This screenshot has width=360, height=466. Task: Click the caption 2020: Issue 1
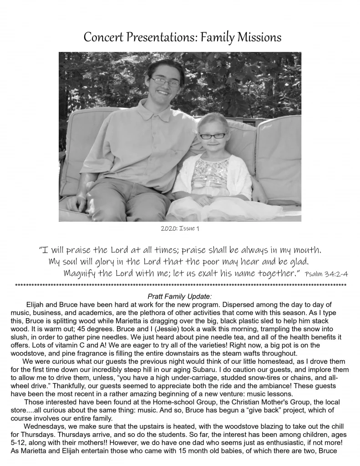pyautogui.click(x=180, y=228)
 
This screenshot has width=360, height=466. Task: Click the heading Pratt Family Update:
pyautogui.click(x=180, y=296)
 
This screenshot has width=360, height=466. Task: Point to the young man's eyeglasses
pyautogui.click(x=165, y=82)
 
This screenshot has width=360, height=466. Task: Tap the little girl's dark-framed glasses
pyautogui.click(x=212, y=136)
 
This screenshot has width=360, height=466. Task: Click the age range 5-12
pyautogui.click(x=18, y=443)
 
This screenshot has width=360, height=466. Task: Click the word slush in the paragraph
pyautogui.click(x=19, y=337)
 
